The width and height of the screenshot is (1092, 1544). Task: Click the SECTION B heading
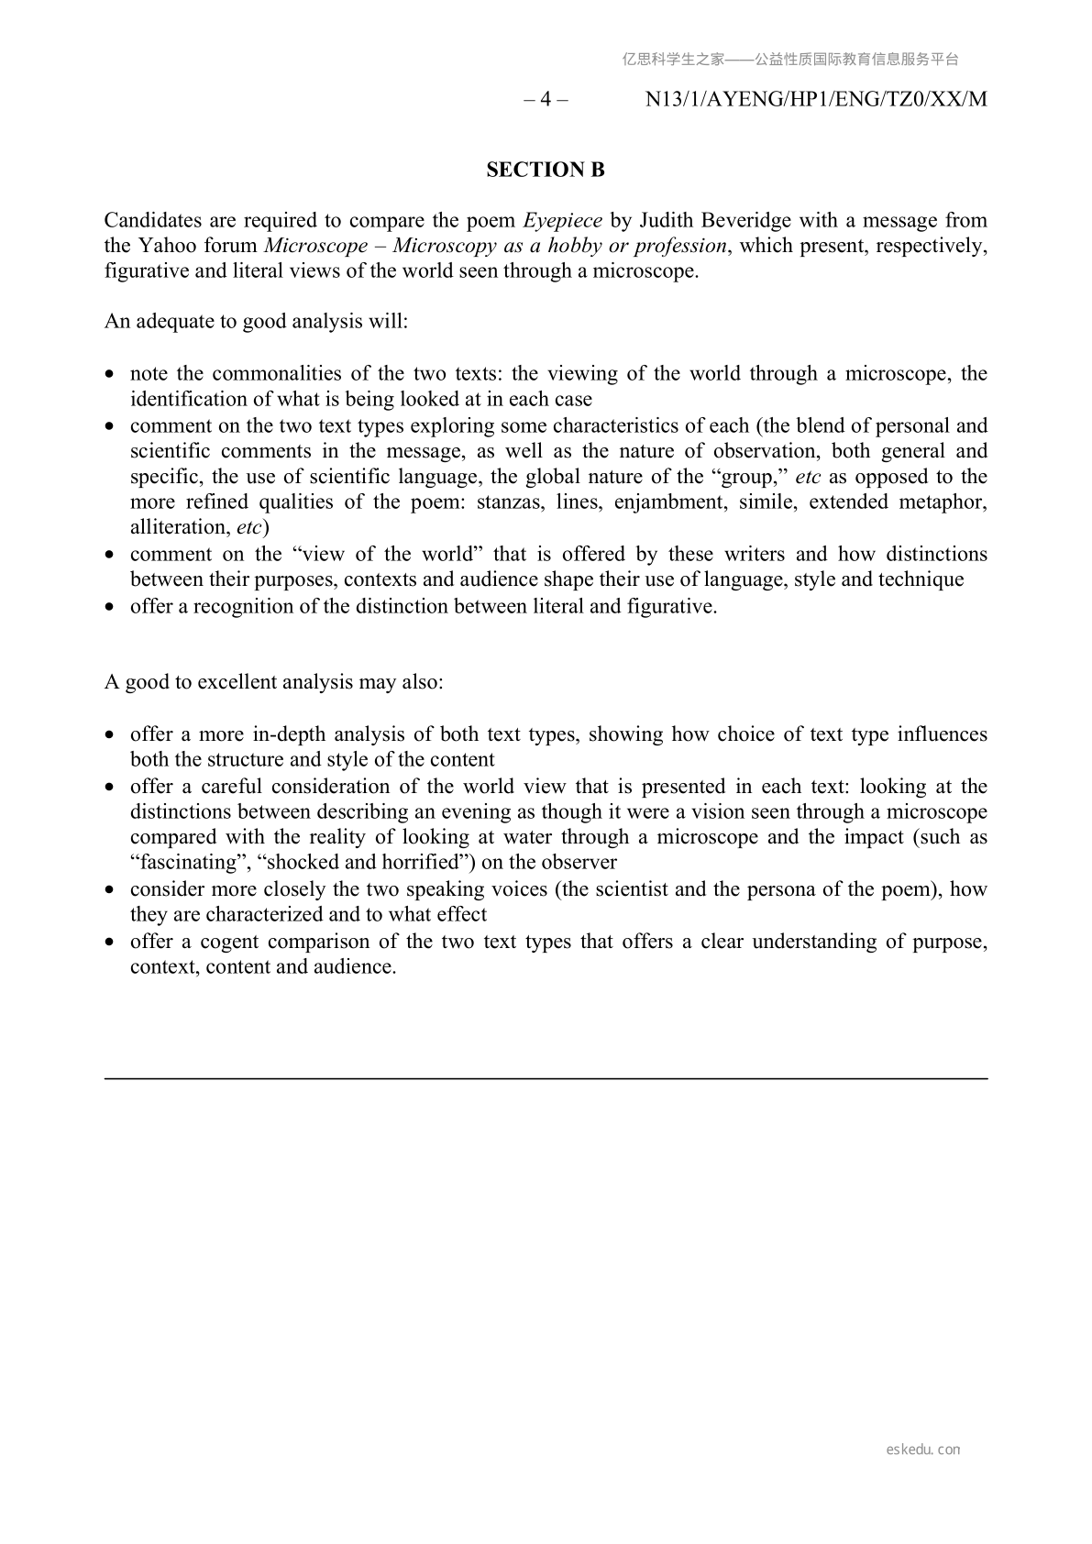(x=546, y=170)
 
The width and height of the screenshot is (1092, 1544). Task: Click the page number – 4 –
(x=546, y=99)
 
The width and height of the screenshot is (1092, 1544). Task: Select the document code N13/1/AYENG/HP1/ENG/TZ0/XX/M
(x=816, y=99)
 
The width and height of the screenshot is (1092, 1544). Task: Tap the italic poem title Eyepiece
(x=562, y=220)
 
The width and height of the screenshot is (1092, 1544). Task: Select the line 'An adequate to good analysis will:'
(x=256, y=322)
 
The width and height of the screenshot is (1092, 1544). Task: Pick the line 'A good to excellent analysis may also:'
(x=273, y=682)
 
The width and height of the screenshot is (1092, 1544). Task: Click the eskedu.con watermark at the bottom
(x=923, y=1450)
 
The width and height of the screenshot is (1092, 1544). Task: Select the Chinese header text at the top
(x=790, y=60)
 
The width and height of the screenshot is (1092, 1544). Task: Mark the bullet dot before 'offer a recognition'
(x=110, y=607)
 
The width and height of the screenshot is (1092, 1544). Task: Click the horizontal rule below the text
(x=546, y=1079)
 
